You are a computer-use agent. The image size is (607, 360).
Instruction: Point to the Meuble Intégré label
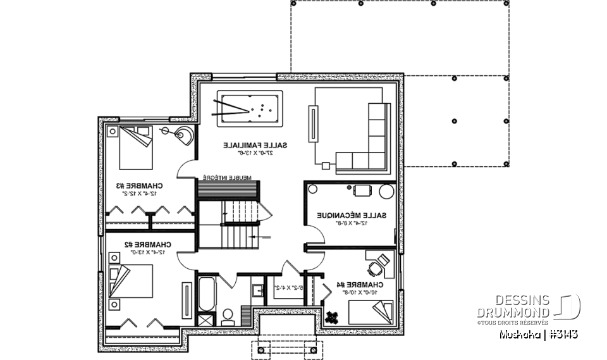228,178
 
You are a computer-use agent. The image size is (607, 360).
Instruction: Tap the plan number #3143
564,333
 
